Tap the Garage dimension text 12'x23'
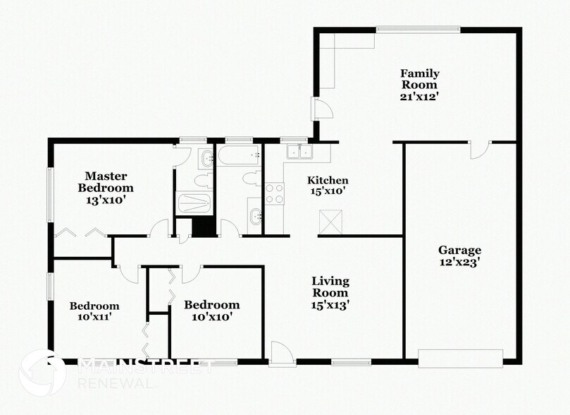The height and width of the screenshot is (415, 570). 459,262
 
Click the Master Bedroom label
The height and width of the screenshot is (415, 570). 105,181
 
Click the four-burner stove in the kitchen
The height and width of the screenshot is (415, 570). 274,193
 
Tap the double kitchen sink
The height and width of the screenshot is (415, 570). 299,152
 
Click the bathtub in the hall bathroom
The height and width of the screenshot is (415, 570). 240,154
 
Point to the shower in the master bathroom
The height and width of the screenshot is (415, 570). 192,203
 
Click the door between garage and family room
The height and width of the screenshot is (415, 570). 480,149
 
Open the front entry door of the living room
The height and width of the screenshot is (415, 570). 279,353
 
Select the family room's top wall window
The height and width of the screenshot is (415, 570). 418,29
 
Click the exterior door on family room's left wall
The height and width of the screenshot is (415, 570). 320,109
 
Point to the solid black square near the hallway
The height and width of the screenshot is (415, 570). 203,227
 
